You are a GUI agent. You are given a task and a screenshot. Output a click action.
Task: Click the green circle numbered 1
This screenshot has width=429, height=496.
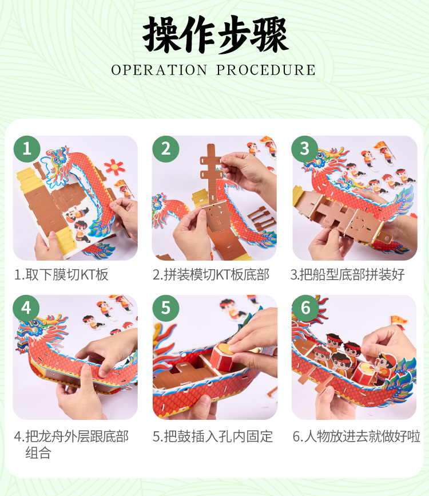pyautogui.click(x=26, y=149)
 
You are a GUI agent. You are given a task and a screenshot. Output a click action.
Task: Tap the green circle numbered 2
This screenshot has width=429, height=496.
pyautogui.click(x=165, y=149)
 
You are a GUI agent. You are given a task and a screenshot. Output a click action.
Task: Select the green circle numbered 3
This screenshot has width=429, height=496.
pyautogui.click(x=304, y=149)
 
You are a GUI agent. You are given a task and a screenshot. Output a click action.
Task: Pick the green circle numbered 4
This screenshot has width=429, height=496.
pyautogui.click(x=26, y=308)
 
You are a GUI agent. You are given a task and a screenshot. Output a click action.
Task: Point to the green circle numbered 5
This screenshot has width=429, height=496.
pyautogui.click(x=165, y=308)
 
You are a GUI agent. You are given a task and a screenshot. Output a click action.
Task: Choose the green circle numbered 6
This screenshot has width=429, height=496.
pyautogui.click(x=305, y=308)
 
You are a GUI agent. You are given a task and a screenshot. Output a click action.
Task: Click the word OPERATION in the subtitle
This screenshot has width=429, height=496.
pyautogui.click(x=159, y=70)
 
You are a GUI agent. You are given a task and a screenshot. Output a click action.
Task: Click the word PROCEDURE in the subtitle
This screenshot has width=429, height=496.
pyautogui.click(x=265, y=70)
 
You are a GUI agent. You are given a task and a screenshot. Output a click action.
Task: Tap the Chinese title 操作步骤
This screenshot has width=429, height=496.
pyautogui.click(x=215, y=34)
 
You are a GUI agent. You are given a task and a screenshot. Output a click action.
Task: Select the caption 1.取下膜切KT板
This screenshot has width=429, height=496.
pyautogui.click(x=61, y=274)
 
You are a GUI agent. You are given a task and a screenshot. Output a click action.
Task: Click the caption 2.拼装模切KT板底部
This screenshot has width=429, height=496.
pyautogui.click(x=211, y=274)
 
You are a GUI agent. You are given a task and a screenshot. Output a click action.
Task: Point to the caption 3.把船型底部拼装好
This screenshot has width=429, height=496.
pyautogui.click(x=348, y=274)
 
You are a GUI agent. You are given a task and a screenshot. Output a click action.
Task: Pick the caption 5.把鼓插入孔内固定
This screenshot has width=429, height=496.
pyautogui.click(x=213, y=436)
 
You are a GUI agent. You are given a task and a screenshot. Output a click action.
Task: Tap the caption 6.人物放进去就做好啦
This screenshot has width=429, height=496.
pyautogui.click(x=356, y=436)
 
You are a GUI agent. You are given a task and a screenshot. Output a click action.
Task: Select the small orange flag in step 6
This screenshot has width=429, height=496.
pyautogui.click(x=399, y=320)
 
